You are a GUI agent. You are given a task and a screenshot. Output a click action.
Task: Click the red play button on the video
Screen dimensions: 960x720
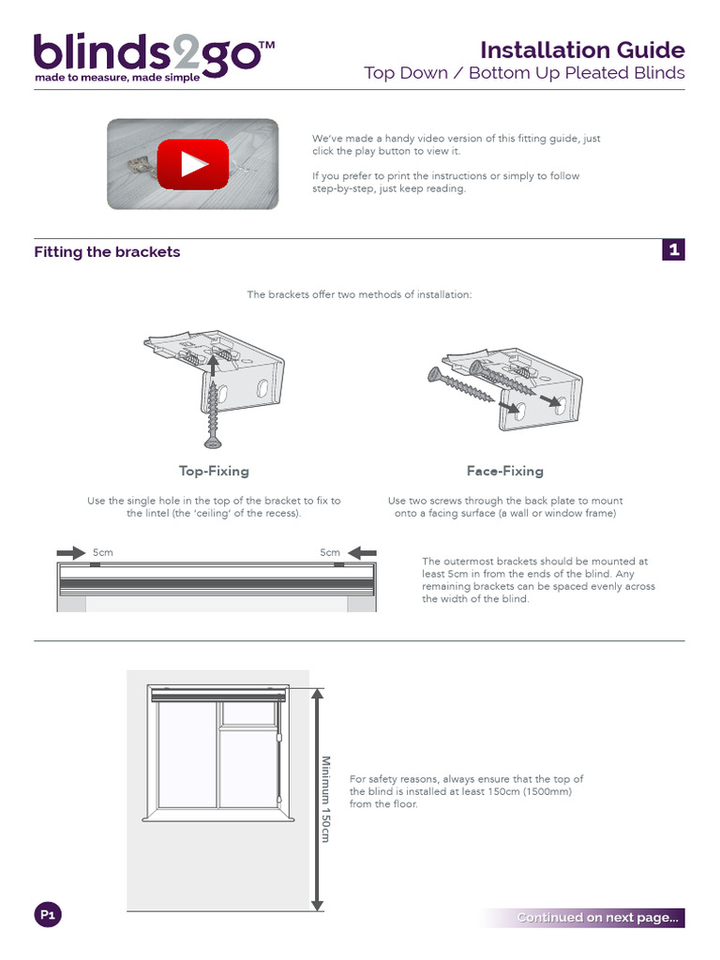click(192, 165)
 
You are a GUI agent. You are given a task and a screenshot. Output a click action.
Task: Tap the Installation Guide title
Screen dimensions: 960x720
click(582, 50)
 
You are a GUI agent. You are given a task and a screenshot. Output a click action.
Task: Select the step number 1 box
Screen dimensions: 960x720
click(673, 249)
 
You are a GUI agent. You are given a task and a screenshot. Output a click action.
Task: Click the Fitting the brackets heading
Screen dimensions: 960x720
click(107, 252)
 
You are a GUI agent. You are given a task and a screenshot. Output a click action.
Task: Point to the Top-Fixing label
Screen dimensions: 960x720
click(214, 471)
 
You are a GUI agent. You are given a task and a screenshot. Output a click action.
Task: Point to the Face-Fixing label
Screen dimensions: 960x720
click(504, 471)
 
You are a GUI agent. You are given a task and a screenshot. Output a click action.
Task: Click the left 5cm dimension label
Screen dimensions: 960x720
click(103, 552)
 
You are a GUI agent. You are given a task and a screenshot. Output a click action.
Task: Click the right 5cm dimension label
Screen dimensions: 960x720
click(330, 552)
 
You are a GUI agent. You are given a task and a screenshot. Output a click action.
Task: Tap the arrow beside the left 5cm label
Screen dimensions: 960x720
click(70, 552)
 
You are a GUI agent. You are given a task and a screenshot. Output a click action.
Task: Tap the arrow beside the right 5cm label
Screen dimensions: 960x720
click(364, 552)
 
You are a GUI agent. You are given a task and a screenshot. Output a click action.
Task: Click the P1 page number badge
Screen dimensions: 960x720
click(48, 915)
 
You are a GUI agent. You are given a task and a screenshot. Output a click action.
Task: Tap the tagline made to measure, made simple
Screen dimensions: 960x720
click(117, 78)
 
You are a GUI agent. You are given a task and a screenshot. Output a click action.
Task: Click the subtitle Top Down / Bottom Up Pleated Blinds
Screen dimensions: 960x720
click(524, 73)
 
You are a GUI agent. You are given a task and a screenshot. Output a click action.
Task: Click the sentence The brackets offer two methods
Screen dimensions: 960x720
click(359, 294)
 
